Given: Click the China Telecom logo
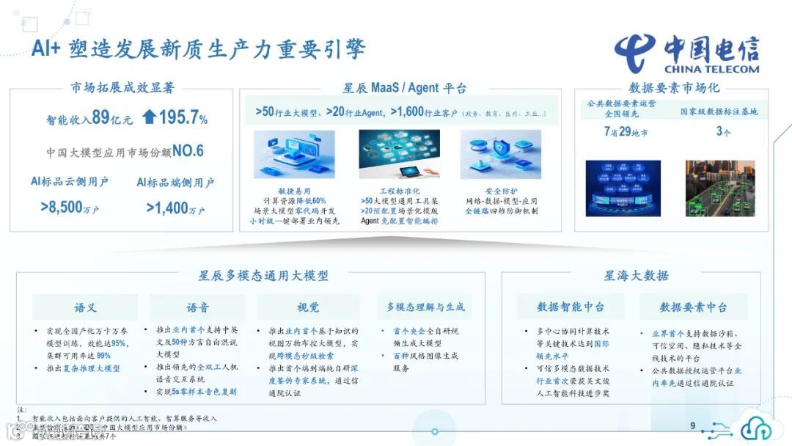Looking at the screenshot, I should [x=686, y=54].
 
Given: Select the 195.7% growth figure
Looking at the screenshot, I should [x=183, y=117].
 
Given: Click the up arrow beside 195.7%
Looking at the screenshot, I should [x=149, y=117].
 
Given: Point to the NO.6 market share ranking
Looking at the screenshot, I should [x=188, y=151].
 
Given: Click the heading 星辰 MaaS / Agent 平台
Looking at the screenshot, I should [x=405, y=88].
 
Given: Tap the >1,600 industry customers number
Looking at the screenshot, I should [x=415, y=112].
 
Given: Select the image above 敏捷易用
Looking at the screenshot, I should [x=294, y=155].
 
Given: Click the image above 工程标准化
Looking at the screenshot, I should [x=399, y=155].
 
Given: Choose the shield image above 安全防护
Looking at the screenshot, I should [x=501, y=155].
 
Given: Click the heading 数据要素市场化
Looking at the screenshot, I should [x=674, y=88].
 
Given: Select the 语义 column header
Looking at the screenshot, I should [x=85, y=307].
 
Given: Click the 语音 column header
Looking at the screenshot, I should [x=197, y=307].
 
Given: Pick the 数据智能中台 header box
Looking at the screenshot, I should [x=571, y=307].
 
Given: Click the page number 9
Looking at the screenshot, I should [x=693, y=426].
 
